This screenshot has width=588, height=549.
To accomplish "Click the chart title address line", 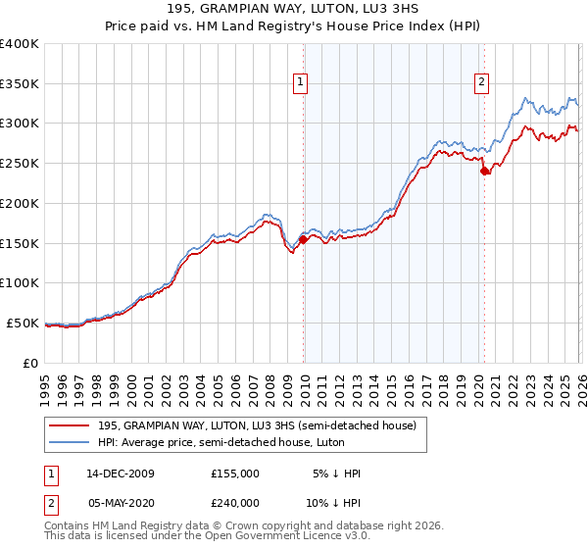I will coord(294,10).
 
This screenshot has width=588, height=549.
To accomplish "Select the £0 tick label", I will coord(30,363).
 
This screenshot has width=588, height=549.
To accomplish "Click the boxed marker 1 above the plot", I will coord(300,83).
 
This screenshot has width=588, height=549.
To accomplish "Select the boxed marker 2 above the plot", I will coord(482,83).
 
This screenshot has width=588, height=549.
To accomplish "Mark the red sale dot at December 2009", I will coord(304,238).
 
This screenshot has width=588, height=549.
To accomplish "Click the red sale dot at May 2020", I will coord(484,171).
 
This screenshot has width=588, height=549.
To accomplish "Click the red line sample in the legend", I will coord(69,425).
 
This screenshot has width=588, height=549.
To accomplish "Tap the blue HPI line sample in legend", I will coord(69,442).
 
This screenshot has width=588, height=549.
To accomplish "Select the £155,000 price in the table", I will coord(234,474).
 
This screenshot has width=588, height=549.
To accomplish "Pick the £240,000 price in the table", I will coord(234,502).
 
